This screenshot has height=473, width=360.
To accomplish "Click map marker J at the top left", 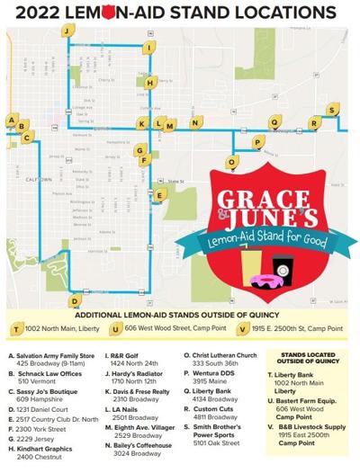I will tap(67, 30).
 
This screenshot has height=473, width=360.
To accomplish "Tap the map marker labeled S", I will tap(332, 110).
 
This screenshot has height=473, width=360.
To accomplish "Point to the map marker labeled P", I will tap(258, 142).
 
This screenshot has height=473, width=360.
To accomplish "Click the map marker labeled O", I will tap(232, 162).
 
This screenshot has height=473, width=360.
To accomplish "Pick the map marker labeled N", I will tap(194, 122).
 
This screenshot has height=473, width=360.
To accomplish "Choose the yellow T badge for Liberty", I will tap(16, 330).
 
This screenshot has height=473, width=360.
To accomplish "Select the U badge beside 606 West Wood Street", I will tap(117, 330).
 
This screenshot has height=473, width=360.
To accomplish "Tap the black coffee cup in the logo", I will tap(283, 266).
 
